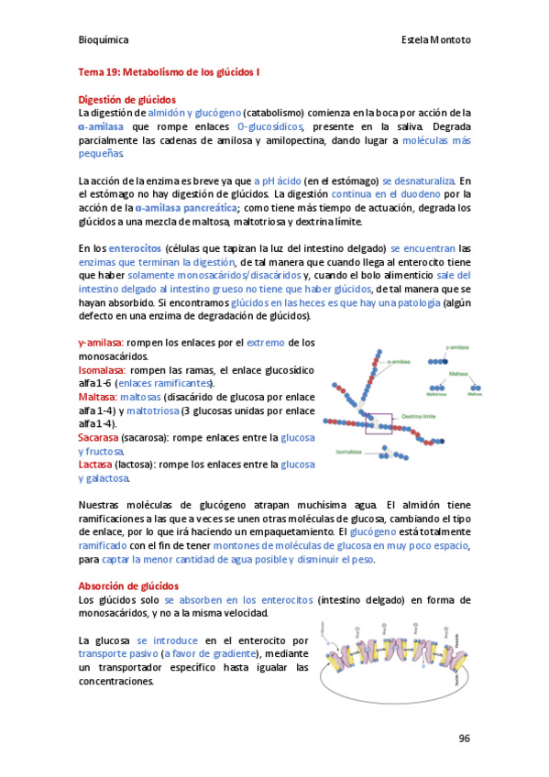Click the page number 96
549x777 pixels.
click(465, 739)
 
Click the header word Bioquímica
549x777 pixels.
click(104, 40)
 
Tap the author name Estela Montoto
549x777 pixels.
click(436, 40)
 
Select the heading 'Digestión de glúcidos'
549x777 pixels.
click(127, 99)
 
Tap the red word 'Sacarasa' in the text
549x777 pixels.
click(98, 438)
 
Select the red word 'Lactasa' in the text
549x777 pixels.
click(95, 465)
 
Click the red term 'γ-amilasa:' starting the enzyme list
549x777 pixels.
click(103, 343)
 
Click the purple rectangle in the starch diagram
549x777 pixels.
click(378, 422)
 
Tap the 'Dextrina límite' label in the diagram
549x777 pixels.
click(418, 415)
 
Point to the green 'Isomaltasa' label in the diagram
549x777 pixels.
click(349, 451)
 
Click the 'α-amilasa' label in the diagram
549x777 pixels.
click(397, 361)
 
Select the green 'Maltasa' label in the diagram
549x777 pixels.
click(458, 374)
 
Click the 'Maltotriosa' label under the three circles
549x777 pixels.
click(436, 394)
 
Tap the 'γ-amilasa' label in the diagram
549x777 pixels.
click(457, 347)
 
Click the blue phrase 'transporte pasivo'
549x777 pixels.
click(117, 654)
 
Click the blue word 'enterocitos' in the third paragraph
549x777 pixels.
click(135, 247)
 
